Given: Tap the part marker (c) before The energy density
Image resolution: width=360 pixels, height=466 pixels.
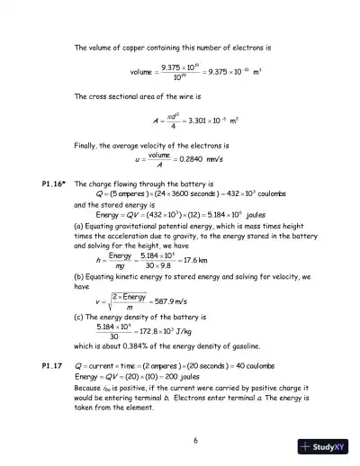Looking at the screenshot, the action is click(x=79, y=319).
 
